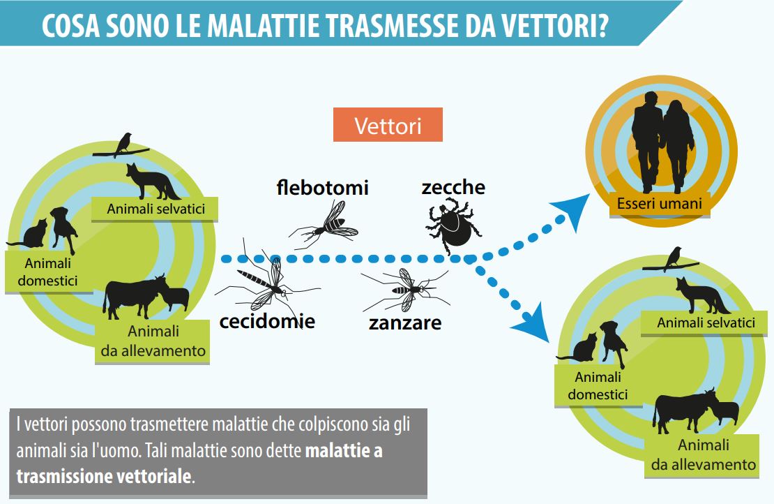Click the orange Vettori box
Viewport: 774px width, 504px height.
point(388,125)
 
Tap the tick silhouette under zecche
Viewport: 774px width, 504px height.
point(453,225)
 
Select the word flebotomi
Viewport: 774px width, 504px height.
point(323,188)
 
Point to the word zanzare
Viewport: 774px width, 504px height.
point(404,323)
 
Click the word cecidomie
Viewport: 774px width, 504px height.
point(267,322)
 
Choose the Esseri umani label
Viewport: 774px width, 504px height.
point(660,204)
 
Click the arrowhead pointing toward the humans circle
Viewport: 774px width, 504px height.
point(572,210)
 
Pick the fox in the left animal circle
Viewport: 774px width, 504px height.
point(153,181)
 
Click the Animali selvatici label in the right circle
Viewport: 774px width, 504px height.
point(706,323)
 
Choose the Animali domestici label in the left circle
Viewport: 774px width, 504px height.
point(48,272)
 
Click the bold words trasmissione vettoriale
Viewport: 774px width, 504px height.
point(104,476)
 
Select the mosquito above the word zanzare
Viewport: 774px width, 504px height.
point(407,290)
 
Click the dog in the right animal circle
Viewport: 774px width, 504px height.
point(614,342)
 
